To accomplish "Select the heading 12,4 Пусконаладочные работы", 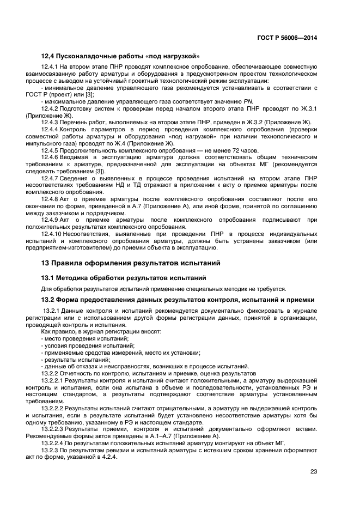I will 120,56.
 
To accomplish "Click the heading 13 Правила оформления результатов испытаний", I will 131,263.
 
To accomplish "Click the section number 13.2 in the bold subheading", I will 48,299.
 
